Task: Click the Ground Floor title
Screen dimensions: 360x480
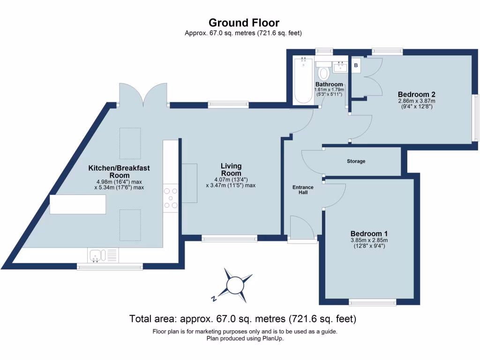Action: click(x=244, y=22)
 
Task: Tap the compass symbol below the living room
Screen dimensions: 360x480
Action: click(x=233, y=285)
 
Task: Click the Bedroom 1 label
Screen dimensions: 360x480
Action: click(x=369, y=233)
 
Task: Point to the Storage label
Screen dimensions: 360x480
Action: click(x=356, y=161)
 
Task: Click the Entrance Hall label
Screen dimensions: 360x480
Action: click(x=303, y=190)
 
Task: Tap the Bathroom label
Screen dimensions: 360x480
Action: click(x=329, y=84)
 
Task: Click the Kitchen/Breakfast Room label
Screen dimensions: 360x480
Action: click(x=119, y=172)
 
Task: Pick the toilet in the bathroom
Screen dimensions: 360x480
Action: click(x=323, y=73)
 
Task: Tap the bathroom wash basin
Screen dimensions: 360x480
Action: click(x=340, y=67)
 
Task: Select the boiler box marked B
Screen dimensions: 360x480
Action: click(x=356, y=66)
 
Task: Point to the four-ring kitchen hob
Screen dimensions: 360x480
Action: click(x=171, y=198)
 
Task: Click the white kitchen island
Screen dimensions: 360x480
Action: click(x=78, y=204)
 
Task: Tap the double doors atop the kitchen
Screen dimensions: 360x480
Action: click(x=143, y=95)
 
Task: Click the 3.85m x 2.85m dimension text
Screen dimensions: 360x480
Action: click(x=369, y=240)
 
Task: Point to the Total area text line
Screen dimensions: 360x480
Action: click(x=243, y=319)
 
